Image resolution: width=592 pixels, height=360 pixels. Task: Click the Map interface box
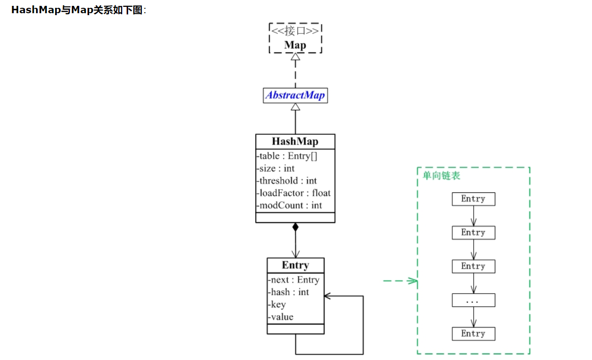coord(295,38)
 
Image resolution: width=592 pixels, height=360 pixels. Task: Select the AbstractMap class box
coord(295,95)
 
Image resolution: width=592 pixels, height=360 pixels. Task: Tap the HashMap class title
coord(295,142)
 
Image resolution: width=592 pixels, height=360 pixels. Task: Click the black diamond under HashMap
coord(295,227)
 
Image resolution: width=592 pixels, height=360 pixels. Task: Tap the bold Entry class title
coord(295,265)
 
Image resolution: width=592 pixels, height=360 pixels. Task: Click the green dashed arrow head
coord(413,281)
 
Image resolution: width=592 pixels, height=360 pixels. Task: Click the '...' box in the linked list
coord(473,300)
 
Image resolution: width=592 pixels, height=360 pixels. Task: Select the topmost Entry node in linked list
coord(473,199)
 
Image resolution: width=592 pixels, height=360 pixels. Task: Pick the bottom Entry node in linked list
coord(473,334)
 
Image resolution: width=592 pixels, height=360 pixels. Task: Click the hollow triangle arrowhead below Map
coord(295,57)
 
